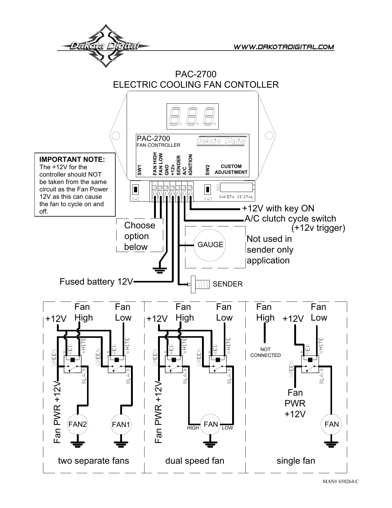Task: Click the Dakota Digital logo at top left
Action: (105, 46)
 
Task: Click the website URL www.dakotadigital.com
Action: (284, 47)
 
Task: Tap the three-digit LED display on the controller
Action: (192, 116)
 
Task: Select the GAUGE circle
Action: (210, 245)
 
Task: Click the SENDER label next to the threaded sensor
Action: (228, 284)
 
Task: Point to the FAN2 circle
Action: (78, 424)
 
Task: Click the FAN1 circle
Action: (121, 425)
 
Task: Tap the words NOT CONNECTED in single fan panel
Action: (265, 352)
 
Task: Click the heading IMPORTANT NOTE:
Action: (72, 159)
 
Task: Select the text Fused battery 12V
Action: (96, 282)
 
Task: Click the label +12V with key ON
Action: (278, 208)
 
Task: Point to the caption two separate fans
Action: (93, 461)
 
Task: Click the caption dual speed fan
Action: (195, 461)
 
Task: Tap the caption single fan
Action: (296, 461)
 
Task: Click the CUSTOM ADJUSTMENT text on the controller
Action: (231, 169)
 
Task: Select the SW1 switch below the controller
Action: (136, 188)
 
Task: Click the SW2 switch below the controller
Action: (208, 188)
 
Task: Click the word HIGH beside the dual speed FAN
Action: (193, 428)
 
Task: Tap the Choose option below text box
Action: (140, 236)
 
